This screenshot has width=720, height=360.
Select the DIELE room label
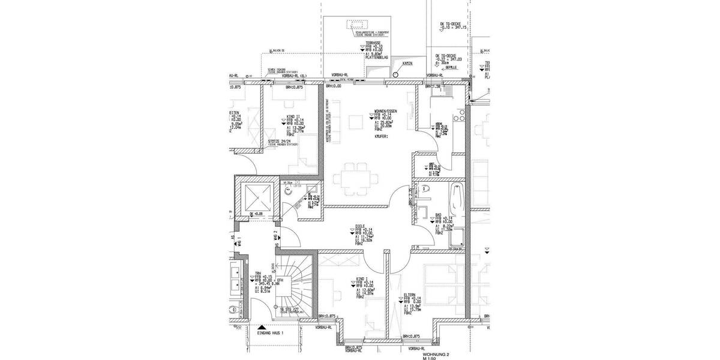coord(361,226)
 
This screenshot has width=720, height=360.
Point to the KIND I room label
coord(361,278)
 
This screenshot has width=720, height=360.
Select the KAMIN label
coord(410,64)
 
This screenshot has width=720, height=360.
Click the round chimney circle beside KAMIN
coord(396,75)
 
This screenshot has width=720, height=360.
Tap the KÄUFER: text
coord(380,137)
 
